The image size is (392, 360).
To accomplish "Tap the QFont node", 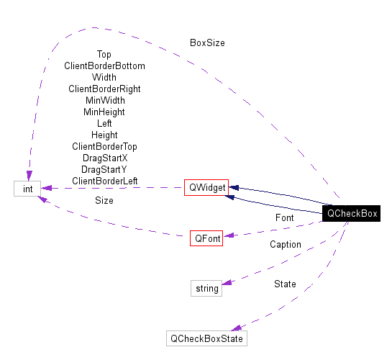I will pos(206,238).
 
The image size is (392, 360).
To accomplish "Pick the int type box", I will pos(27,189).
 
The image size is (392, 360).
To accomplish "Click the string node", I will pos(206,288).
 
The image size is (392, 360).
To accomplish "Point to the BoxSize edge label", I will pos(207,42).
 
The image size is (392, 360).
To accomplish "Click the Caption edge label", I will pos(286,245).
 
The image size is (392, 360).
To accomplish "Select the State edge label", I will pos(285,284).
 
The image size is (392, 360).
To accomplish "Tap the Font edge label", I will pos(284,217).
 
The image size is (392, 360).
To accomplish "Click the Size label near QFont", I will pos(104,201).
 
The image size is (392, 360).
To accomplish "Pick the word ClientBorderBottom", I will pos(104,66).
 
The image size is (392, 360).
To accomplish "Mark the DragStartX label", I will pos(104,158).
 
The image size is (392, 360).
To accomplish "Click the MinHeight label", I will pos(104,112).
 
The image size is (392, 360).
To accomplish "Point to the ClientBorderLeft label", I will pos(104,181).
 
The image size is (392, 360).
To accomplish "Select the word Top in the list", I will pos(104,54).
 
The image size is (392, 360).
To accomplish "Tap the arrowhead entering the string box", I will pos(227,282).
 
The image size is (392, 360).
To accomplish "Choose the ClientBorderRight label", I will pos(104,89).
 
